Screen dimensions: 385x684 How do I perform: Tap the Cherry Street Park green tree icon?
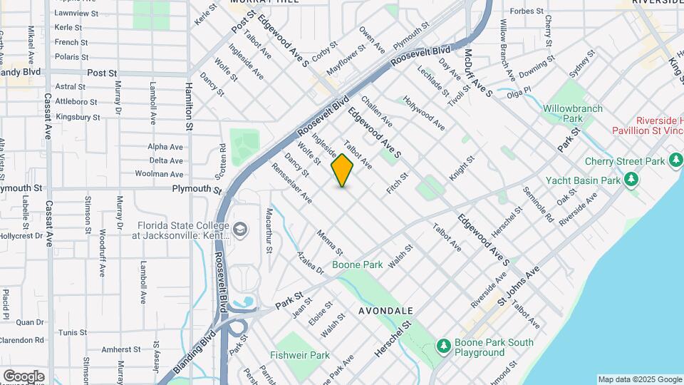[x=676, y=161]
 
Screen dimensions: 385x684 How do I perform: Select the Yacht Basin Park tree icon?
[x=631, y=180]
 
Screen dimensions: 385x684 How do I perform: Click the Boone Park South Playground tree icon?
[x=444, y=346]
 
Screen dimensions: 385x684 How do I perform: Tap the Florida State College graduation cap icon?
[x=240, y=229]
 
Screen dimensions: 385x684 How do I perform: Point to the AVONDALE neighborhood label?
[x=385, y=311]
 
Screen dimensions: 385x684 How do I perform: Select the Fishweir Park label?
[x=300, y=355]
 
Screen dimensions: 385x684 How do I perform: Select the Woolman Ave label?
[x=160, y=174]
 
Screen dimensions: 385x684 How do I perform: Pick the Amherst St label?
[x=120, y=350]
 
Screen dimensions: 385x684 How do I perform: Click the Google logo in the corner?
[x=24, y=376]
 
